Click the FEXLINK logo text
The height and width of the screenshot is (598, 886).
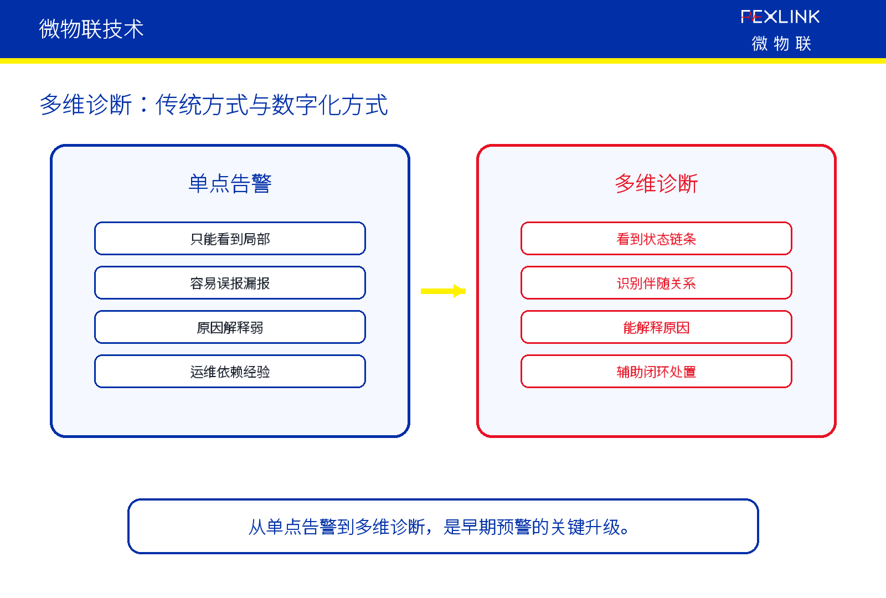pyautogui.click(x=780, y=17)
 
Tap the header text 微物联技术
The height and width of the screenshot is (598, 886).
pyautogui.click(x=91, y=29)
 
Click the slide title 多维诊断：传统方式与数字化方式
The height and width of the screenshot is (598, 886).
pyautogui.click(x=214, y=105)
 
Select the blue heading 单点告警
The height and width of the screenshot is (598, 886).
pyautogui.click(x=230, y=183)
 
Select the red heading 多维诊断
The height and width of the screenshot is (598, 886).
pyautogui.click(x=656, y=183)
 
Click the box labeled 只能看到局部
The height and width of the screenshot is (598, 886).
pyautogui.click(x=230, y=239)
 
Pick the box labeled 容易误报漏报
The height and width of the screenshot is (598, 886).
pyautogui.click(x=230, y=283)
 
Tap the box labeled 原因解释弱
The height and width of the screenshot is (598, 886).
pyautogui.click(x=230, y=327)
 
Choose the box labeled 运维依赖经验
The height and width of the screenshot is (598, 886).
pyautogui.click(x=230, y=372)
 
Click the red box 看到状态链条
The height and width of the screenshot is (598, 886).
pyautogui.click(x=656, y=239)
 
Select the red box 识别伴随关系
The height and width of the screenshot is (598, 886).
pyautogui.click(x=656, y=283)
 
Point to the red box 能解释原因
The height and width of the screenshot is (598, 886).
pyautogui.click(x=656, y=327)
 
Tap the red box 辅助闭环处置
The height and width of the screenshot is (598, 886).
pyautogui.click(x=656, y=372)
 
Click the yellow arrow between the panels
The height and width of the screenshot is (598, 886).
pyautogui.click(x=443, y=291)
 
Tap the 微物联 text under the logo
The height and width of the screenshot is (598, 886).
pyautogui.click(x=781, y=43)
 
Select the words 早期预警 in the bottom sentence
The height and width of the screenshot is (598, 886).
pyautogui.click(x=496, y=527)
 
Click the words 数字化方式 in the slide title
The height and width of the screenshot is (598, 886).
pyautogui.click(x=329, y=105)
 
